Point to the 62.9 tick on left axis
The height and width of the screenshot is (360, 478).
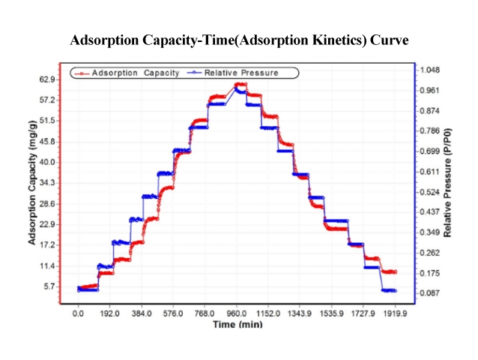coord(47,79)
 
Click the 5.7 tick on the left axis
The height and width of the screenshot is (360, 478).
coord(49,286)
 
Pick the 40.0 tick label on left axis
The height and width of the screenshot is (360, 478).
coord(47,162)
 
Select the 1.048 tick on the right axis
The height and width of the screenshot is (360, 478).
coord(431,70)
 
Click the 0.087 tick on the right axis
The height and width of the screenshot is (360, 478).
coord(431,293)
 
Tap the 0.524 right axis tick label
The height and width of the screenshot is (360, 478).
coord(431,193)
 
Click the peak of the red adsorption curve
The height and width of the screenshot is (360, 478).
coord(239,84)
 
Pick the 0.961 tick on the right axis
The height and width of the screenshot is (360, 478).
coord(431,91)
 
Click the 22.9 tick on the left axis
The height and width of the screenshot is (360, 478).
coord(47,224)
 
